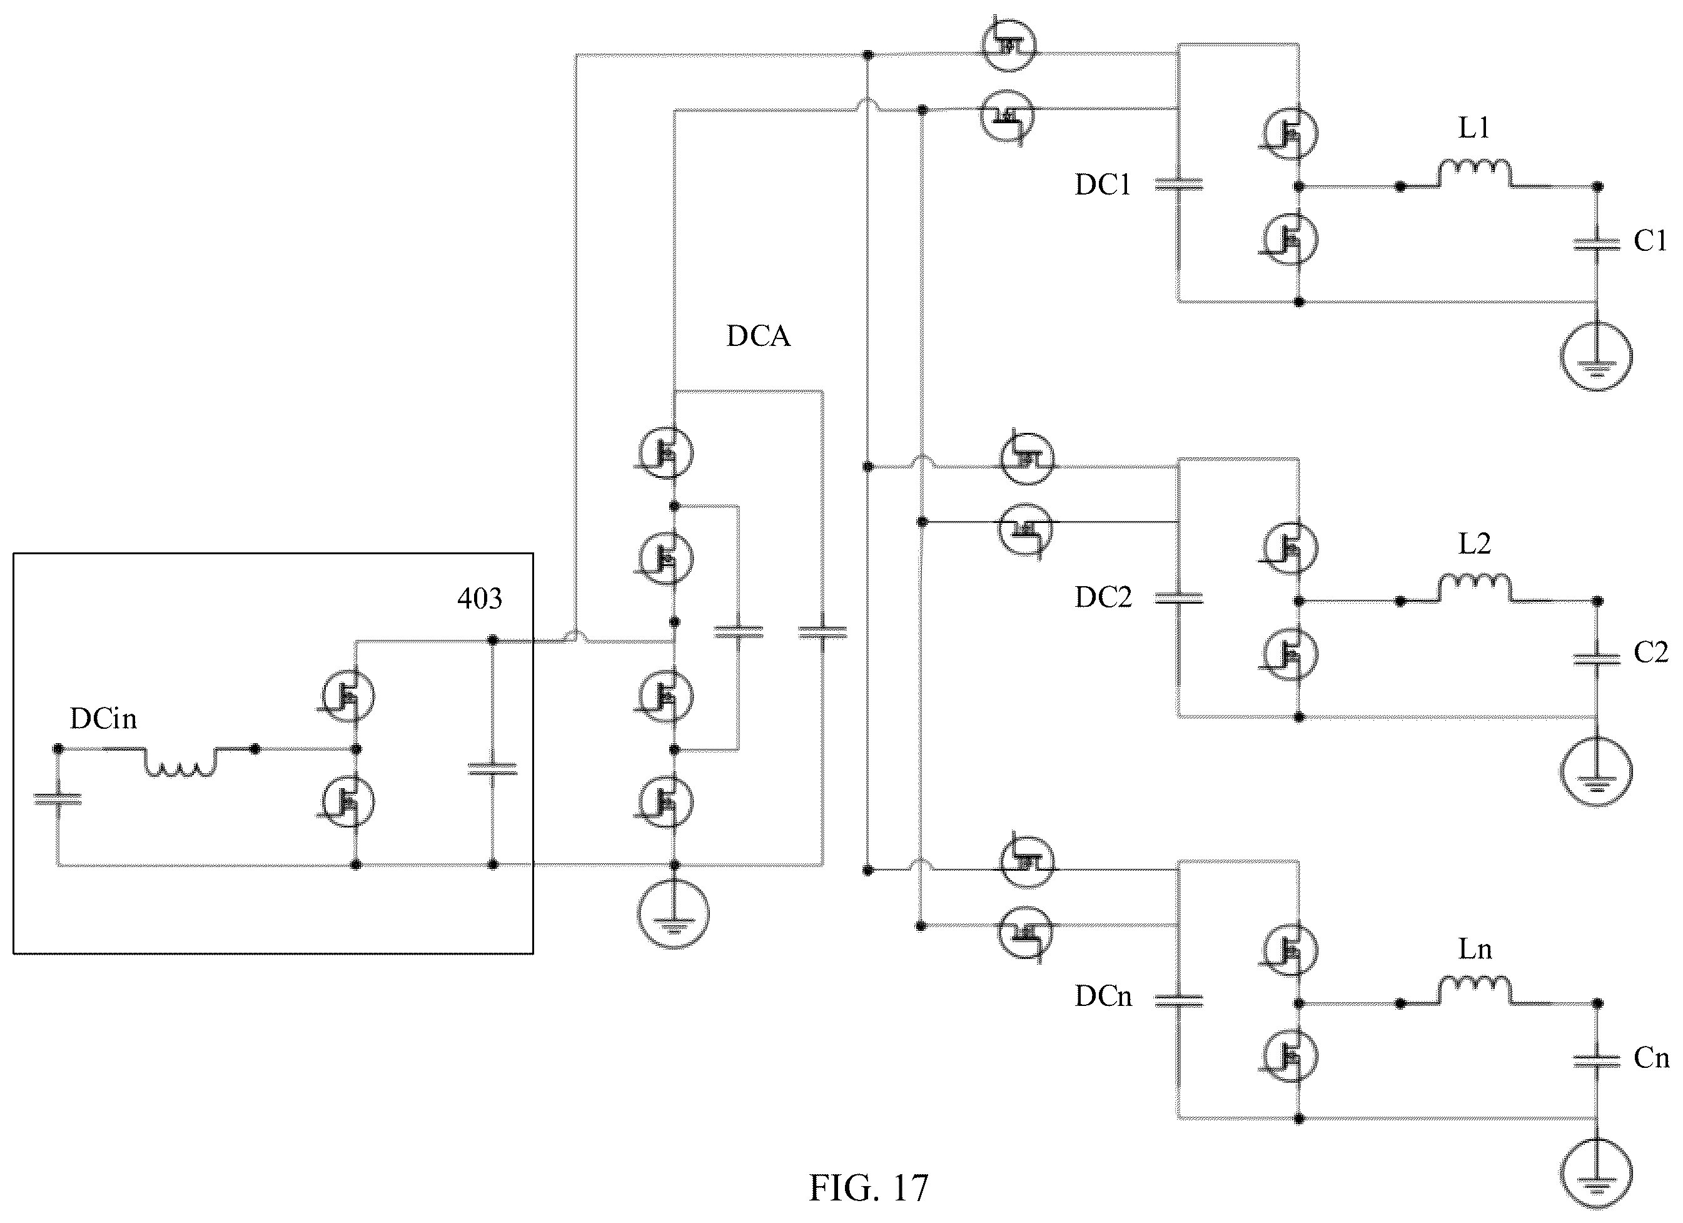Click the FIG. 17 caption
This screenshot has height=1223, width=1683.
(868, 1188)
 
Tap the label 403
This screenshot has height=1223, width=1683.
(479, 598)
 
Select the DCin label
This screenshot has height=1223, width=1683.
(103, 718)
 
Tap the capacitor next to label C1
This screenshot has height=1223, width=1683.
(1597, 243)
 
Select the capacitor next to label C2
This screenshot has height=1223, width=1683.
(1597, 657)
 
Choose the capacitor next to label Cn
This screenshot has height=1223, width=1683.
(1597, 1061)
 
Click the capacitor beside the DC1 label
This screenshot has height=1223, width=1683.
(1178, 184)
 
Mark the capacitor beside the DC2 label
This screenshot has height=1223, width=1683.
(1178, 597)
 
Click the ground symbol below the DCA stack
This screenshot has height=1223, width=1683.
(674, 913)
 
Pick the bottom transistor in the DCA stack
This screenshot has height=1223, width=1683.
(665, 801)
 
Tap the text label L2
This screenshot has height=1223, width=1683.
(1475, 544)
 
